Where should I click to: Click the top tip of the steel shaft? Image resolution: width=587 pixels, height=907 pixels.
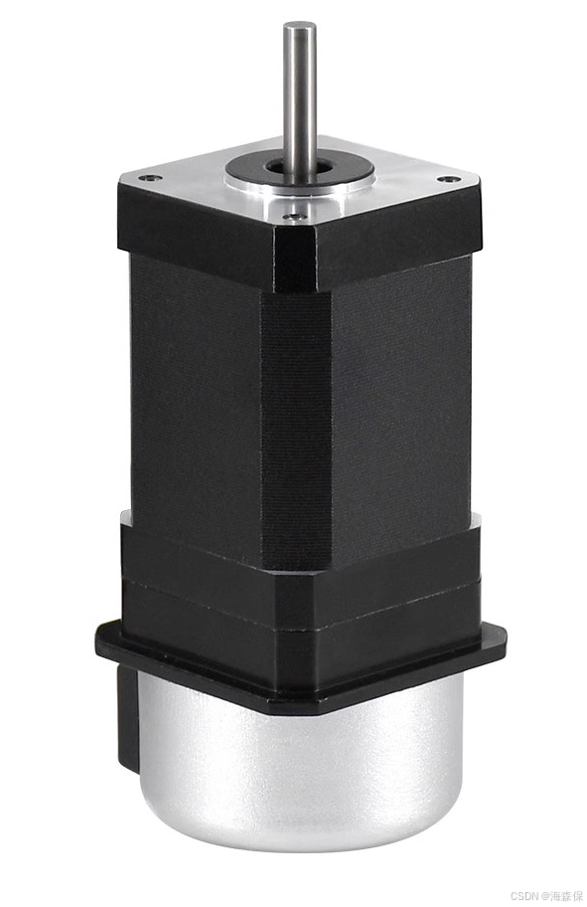point(299,27)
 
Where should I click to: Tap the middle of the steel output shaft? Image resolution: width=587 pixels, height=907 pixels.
point(299,99)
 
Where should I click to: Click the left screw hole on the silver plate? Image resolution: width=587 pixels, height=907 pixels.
point(148,179)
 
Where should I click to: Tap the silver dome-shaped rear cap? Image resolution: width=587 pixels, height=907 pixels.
point(298,766)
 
